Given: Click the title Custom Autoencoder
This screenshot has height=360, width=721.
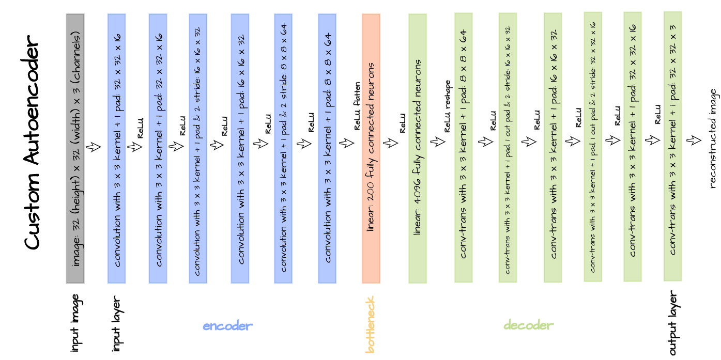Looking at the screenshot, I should [x=32, y=142].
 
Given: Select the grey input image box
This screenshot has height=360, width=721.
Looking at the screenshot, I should [x=75, y=148].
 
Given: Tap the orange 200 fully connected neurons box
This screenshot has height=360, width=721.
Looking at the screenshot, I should [x=371, y=148].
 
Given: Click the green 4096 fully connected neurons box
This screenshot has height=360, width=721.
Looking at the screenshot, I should [x=418, y=148].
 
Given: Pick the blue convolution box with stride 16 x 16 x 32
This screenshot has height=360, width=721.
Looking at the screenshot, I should [x=198, y=148].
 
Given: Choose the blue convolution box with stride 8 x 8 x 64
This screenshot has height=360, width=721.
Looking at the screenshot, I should [x=283, y=148].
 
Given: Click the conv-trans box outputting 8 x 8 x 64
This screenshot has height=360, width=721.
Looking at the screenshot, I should [x=464, y=148].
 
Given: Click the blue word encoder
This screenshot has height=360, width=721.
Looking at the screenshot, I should [x=228, y=326].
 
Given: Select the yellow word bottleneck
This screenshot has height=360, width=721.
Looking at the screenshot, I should [x=371, y=325].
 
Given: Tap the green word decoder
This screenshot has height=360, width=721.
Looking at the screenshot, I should [x=528, y=325].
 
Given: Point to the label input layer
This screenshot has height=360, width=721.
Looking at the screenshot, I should [x=117, y=325].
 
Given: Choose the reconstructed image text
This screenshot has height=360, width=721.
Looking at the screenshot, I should [x=714, y=138].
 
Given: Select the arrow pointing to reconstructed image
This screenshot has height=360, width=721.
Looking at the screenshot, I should [x=694, y=140].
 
